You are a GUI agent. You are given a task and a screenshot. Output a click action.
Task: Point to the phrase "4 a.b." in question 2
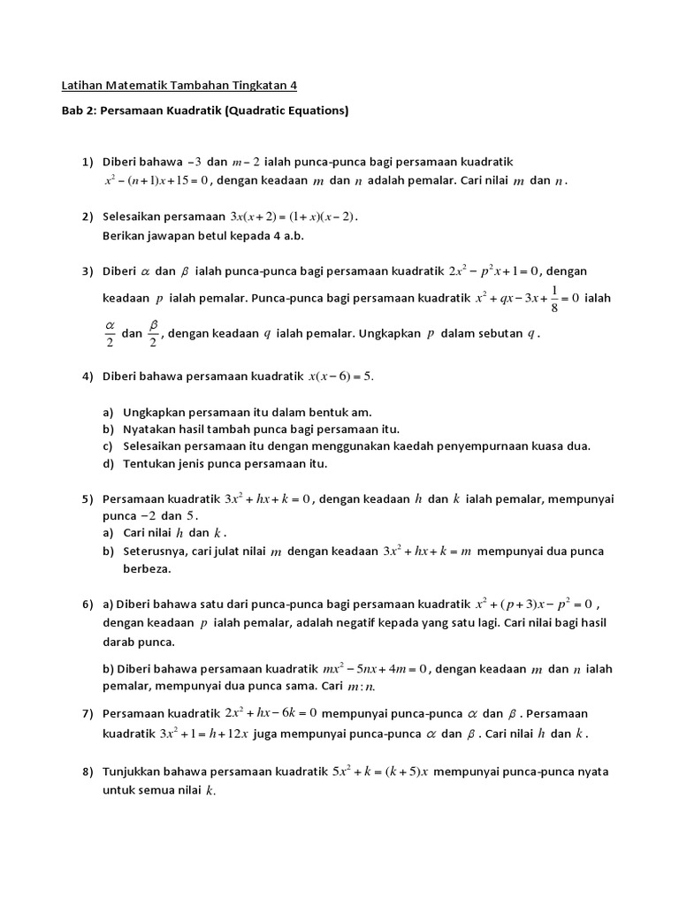[x=286, y=236]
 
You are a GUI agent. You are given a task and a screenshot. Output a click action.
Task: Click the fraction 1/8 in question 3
[x=553, y=298]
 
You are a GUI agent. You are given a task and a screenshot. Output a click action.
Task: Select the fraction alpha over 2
[x=111, y=333]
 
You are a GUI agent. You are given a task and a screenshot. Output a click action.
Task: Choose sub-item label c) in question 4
[x=107, y=445]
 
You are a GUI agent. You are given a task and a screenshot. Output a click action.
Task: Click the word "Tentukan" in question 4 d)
[x=149, y=463]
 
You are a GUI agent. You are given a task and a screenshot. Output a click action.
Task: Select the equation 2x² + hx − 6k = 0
[x=271, y=713]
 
